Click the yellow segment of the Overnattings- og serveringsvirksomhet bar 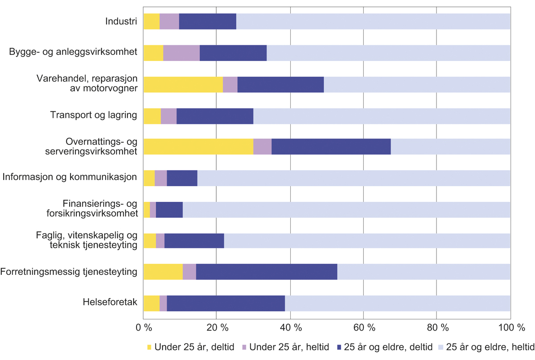point(198,147)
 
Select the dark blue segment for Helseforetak point(226,303)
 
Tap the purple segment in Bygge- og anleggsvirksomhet point(181,53)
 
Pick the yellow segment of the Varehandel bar point(183,84)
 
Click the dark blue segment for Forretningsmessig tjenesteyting point(267,272)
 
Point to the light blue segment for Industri point(373,21)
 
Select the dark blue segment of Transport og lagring point(215,116)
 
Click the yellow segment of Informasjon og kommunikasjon point(149,178)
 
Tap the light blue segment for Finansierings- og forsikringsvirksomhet point(346,209)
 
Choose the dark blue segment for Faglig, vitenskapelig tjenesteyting point(194,241)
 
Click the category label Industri point(121,21)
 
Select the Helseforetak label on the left point(110,303)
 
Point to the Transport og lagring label point(93,116)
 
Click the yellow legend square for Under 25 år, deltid point(149,347)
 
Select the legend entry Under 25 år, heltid point(285,347)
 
